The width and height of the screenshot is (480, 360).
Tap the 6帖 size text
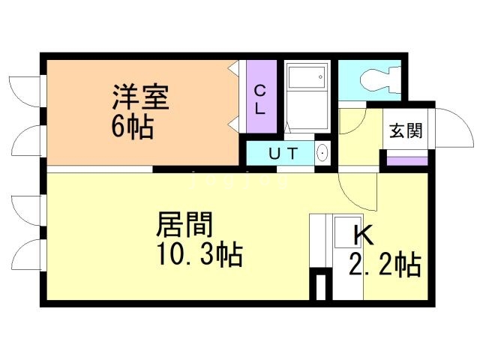133,127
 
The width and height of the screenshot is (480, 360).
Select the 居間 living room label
184,225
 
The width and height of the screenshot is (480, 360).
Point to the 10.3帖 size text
199,256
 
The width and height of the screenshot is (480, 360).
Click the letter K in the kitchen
363,235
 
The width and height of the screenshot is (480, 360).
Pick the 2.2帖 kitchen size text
384,265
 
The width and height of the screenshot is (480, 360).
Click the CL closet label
259,99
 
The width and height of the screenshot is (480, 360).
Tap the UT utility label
283,154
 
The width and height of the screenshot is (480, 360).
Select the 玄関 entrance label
405,130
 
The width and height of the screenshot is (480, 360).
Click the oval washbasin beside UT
322,153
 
